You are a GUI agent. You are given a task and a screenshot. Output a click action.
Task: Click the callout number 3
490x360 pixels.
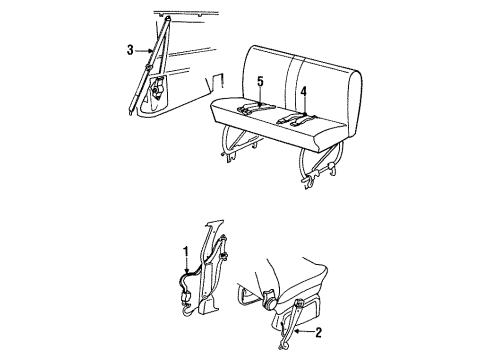(130, 48)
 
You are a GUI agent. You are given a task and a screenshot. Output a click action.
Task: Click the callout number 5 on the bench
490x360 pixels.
(258, 82)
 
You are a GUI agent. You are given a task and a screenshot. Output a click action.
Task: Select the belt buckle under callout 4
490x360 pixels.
(297, 118)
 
